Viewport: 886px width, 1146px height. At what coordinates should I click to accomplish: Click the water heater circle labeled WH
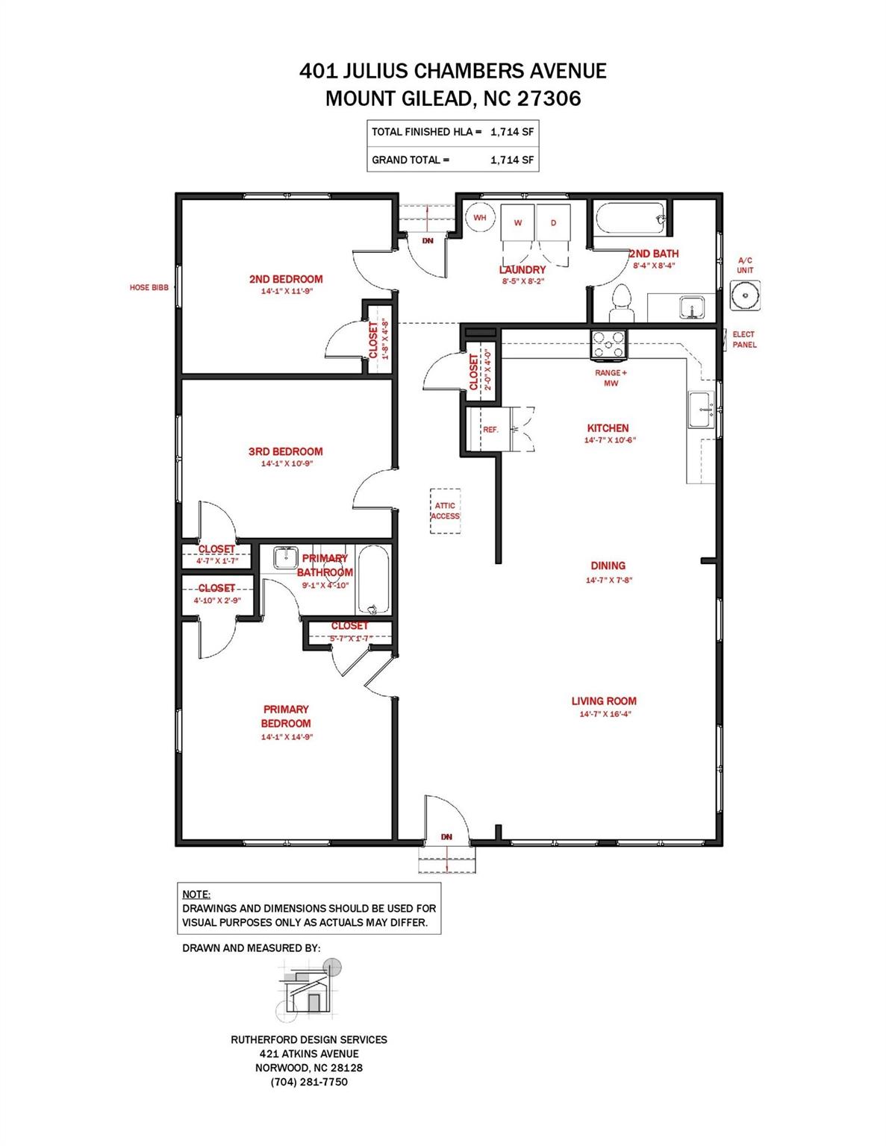pos(479,218)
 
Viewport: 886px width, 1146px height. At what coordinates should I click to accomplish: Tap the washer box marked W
pos(518,222)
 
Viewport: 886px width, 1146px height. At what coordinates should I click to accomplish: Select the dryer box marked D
pos(553,222)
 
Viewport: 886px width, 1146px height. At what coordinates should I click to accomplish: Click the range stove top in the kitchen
pos(609,345)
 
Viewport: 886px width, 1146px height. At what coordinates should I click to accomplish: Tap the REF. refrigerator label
pos(490,430)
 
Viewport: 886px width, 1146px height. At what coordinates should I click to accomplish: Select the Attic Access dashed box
pos(445,511)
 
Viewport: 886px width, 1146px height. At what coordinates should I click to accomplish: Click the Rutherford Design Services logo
pos(308,989)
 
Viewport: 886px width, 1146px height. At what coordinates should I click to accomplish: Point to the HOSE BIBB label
pos(149,287)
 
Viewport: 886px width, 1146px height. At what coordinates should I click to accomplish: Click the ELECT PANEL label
pos(744,339)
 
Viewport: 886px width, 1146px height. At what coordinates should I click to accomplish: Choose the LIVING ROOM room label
pos(604,701)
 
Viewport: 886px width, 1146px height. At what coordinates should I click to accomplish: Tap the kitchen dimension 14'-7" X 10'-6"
pos(610,440)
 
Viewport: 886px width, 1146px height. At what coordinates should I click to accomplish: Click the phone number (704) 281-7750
pos(309,1082)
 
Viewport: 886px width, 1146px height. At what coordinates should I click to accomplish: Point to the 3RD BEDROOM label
pos(285,451)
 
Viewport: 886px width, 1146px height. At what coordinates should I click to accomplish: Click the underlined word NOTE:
pos(196,895)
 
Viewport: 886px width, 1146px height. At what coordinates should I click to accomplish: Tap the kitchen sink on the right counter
pos(701,410)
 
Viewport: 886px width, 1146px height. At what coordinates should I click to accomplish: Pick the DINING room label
pos(608,566)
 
